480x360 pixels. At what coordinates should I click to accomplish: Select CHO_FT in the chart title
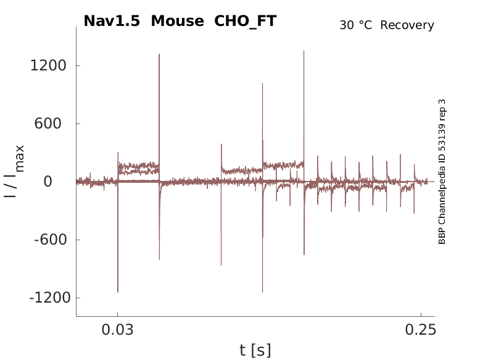[245, 21]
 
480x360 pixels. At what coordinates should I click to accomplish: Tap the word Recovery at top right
[407, 25]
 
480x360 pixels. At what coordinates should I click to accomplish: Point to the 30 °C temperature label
[357, 25]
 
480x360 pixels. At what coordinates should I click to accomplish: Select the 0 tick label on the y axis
[64, 182]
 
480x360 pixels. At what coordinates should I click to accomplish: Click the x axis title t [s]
[255, 350]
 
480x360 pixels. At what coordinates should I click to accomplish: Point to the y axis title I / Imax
[15, 171]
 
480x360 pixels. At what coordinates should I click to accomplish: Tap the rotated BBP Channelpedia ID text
[442, 172]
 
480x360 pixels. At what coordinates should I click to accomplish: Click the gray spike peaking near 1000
[262, 84]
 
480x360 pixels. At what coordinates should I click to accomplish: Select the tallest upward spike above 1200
[304, 52]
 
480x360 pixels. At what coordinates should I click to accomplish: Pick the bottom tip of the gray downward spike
[262, 291]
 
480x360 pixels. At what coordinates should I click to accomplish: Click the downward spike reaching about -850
[221, 264]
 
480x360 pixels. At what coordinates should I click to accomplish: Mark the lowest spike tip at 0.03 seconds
[118, 291]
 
